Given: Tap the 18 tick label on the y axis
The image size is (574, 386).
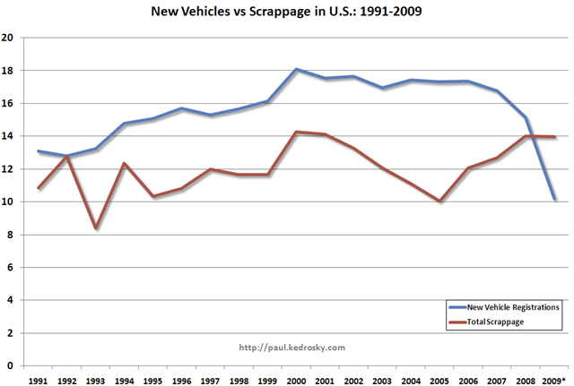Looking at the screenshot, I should click(x=8, y=71).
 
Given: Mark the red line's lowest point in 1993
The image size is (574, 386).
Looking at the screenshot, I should click(x=95, y=228).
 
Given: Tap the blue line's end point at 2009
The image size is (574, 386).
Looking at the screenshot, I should click(x=555, y=199).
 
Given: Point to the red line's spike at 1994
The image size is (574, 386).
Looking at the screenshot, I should click(x=124, y=163).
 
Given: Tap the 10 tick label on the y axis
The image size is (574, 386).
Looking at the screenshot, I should click(x=8, y=202).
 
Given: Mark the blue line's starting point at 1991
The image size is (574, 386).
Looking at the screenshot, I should click(x=38, y=151).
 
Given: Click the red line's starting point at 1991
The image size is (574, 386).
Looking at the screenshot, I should click(x=38, y=188).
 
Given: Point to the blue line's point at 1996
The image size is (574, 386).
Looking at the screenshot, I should click(x=181, y=108).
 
